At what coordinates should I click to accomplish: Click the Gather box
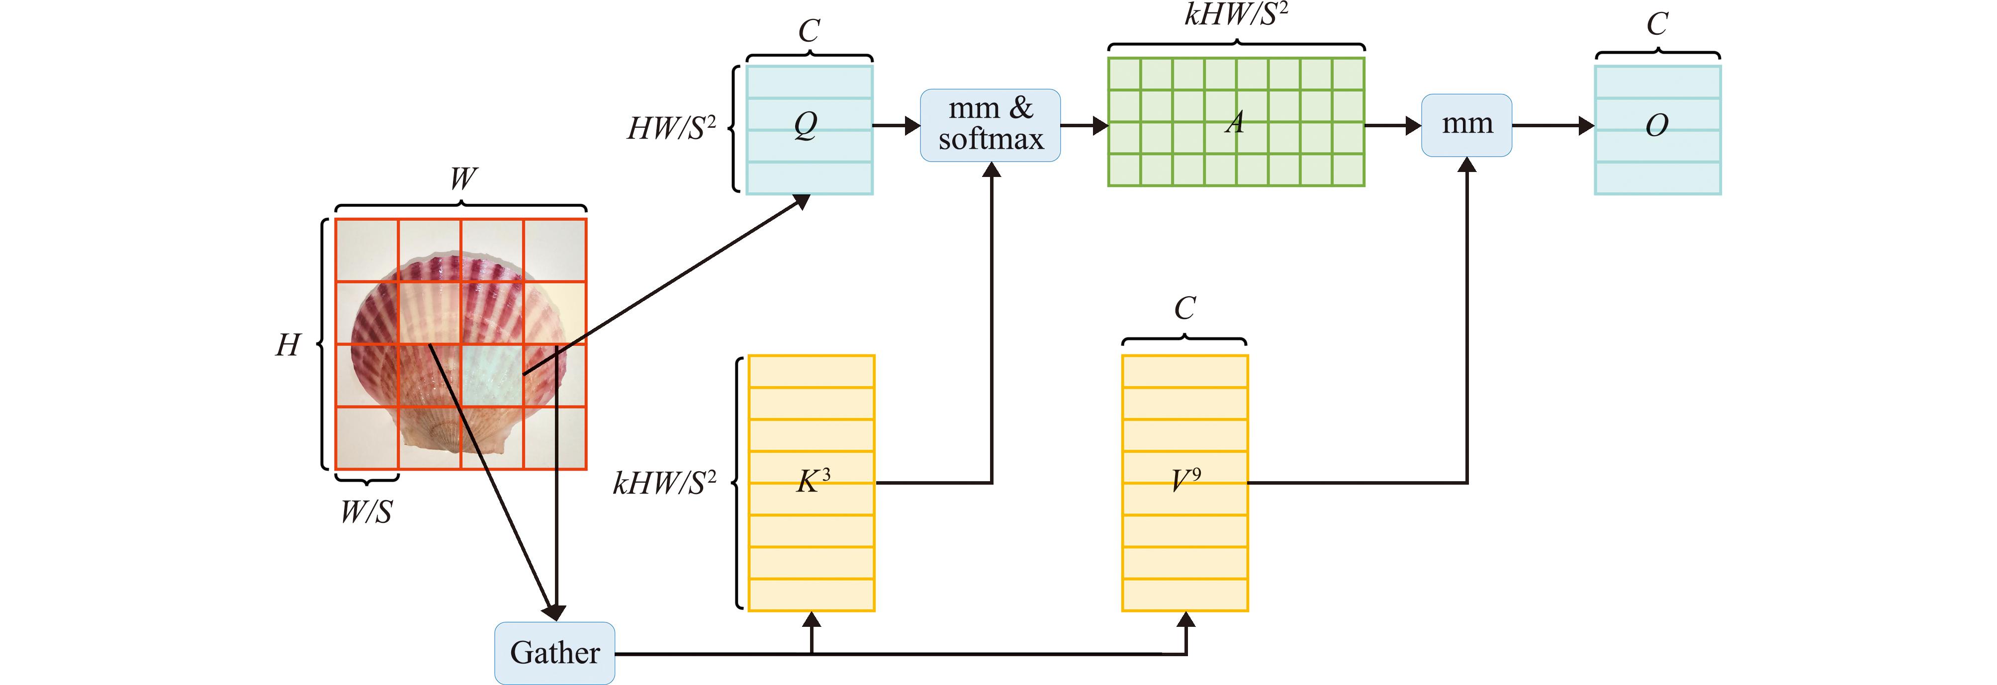[x=554, y=653]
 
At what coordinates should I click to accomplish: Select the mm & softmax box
[x=990, y=125]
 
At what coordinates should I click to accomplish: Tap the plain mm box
[x=1466, y=125]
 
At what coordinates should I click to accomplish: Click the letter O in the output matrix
[x=1657, y=125]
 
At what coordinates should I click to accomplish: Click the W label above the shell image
[x=463, y=179]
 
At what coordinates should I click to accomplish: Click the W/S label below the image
[x=366, y=512]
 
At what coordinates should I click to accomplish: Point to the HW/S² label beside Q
[x=671, y=128]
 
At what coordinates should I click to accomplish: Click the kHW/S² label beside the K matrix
[x=664, y=482]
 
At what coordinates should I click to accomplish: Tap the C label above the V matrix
[x=1184, y=308]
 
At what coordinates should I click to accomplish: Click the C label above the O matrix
[x=1657, y=24]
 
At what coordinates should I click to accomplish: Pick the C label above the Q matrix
[x=809, y=31]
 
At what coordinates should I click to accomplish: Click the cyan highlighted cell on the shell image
[x=492, y=375]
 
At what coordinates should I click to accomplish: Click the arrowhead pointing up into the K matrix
[x=812, y=620]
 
